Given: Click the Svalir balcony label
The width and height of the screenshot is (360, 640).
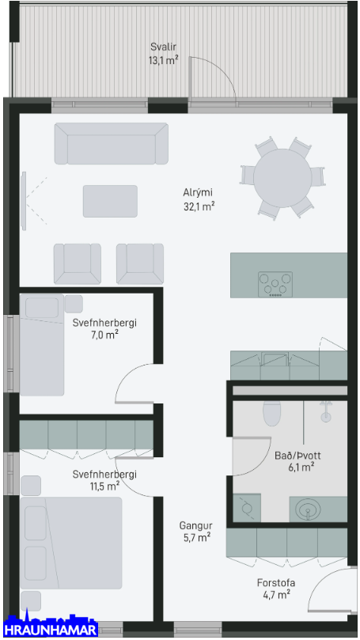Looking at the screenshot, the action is [x=163, y=47].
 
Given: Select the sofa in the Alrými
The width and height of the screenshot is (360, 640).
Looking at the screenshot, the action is [x=112, y=144].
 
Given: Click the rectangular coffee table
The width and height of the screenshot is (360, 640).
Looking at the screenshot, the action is [x=110, y=201].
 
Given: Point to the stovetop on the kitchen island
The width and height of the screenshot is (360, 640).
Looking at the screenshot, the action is [x=275, y=284].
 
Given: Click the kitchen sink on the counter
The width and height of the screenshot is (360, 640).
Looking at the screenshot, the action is [x=275, y=359].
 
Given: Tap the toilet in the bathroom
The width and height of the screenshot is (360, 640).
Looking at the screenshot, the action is [x=272, y=413].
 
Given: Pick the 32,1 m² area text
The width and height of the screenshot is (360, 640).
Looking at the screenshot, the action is [x=199, y=206].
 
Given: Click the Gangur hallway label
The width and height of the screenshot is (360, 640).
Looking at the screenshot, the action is [x=195, y=526].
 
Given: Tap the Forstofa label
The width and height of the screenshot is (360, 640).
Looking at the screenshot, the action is [x=276, y=582].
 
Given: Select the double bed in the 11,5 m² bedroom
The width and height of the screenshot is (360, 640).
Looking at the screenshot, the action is [x=71, y=543].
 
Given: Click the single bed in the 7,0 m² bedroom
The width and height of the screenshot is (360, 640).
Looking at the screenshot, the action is [x=42, y=345].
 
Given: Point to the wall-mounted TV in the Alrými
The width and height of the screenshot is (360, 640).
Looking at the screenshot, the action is [x=24, y=200].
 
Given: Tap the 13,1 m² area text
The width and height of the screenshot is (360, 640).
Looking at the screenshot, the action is [x=164, y=61].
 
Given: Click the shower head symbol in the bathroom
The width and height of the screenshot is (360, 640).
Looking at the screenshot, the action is [x=325, y=412].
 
